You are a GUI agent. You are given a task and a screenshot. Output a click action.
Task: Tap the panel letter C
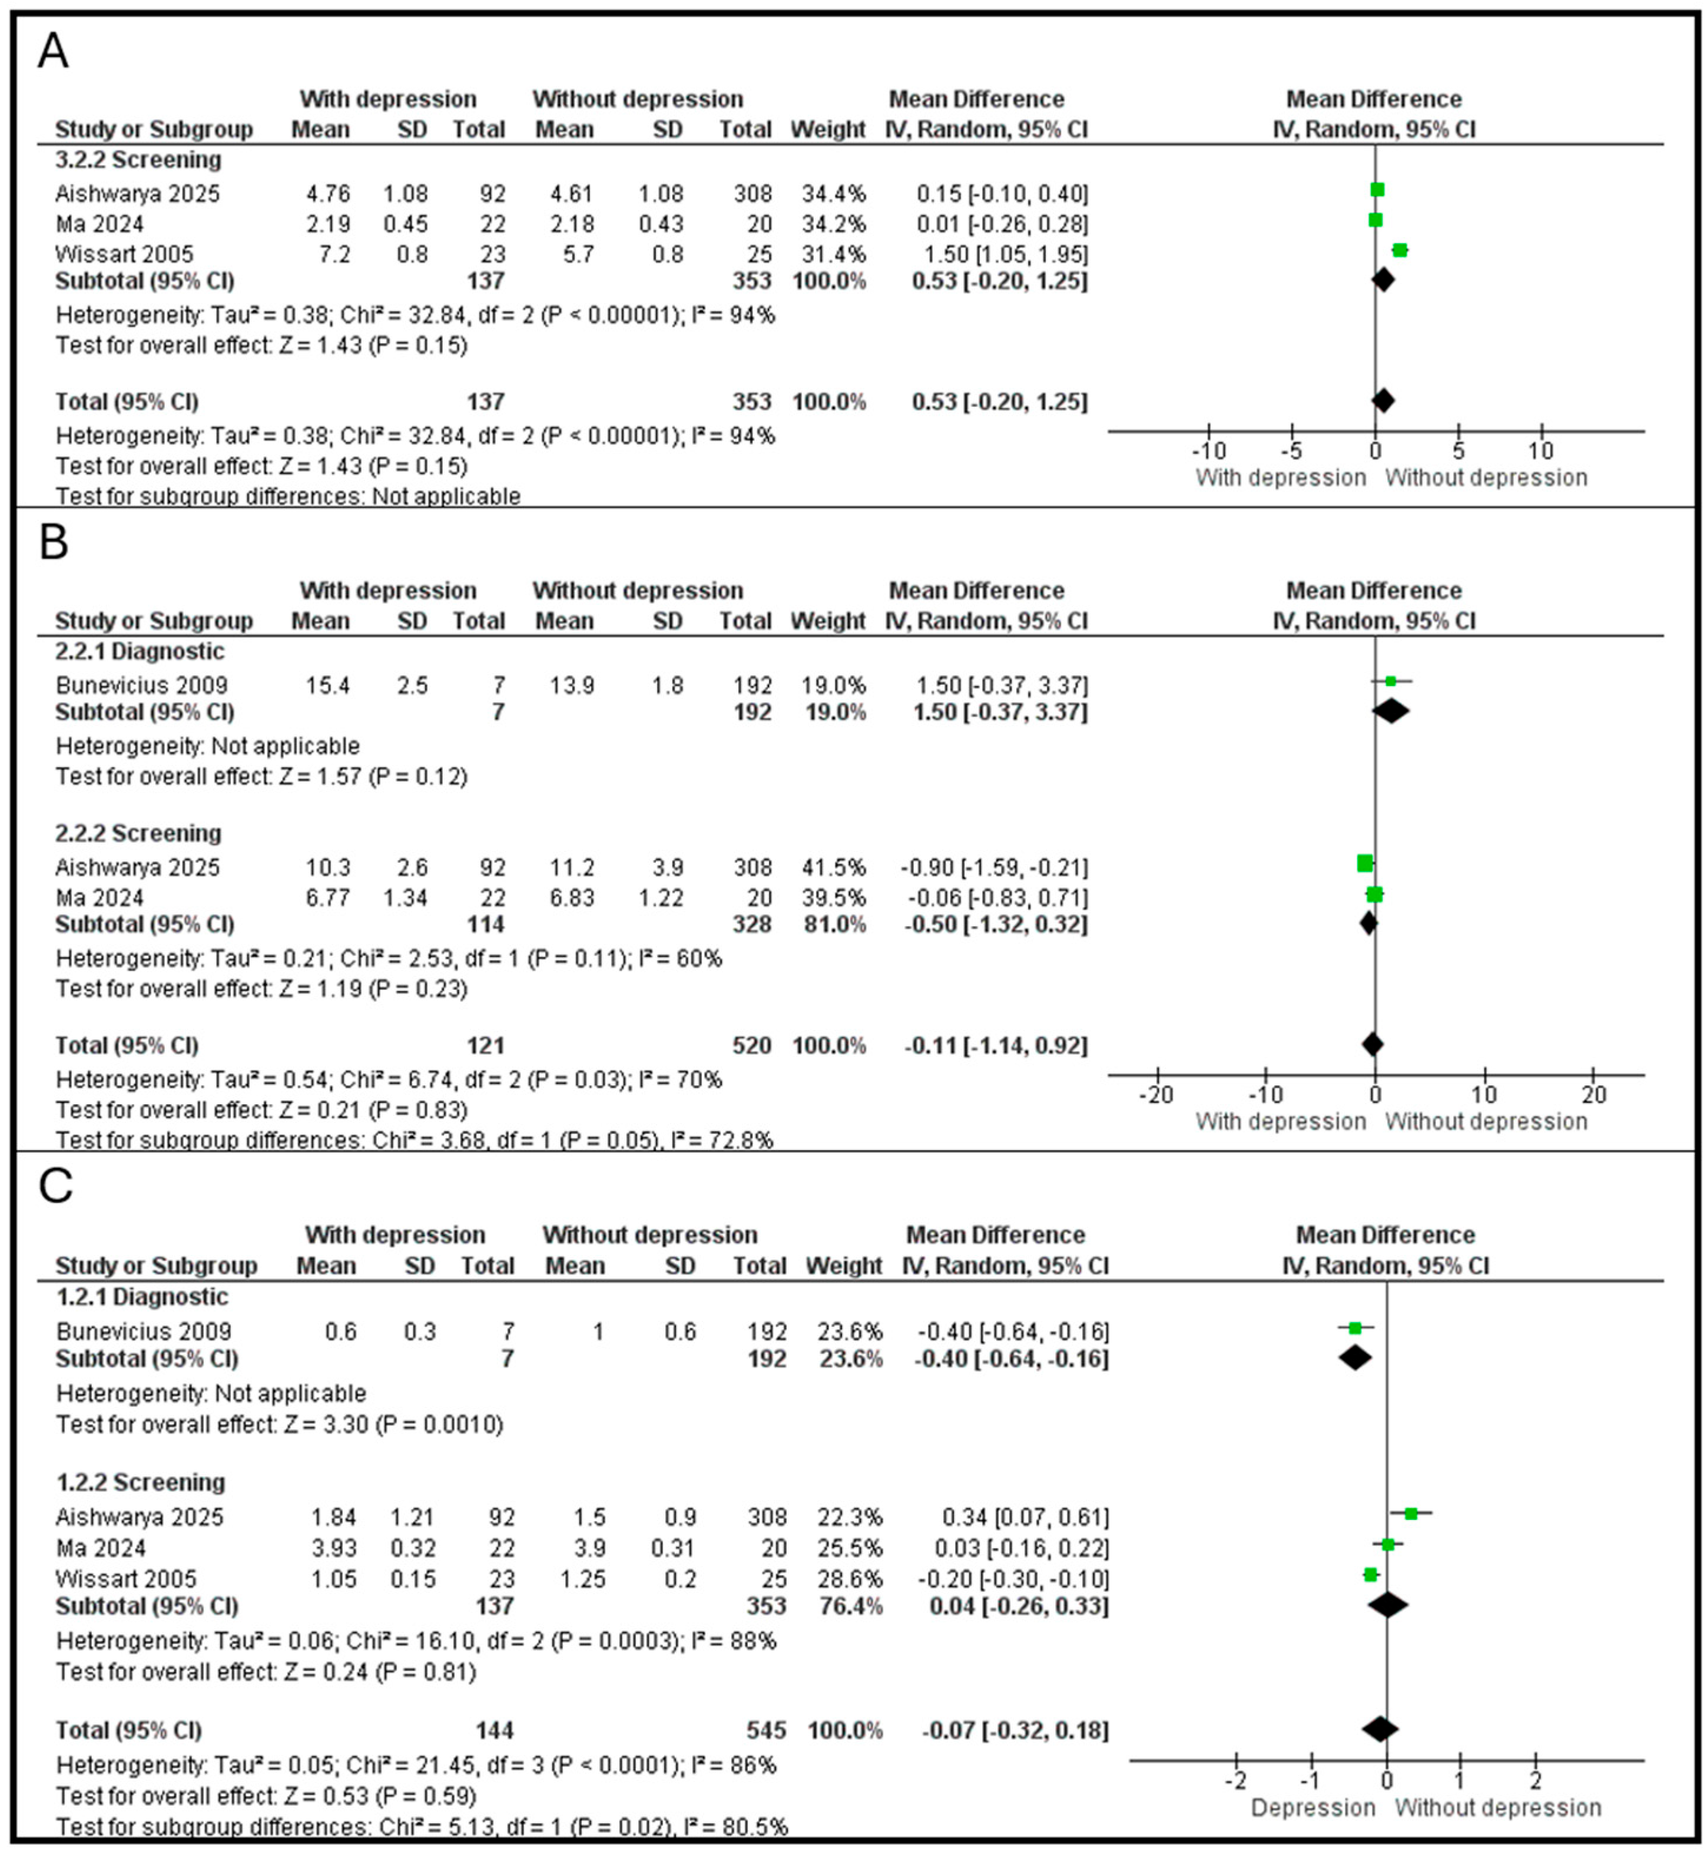click(x=55, y=1185)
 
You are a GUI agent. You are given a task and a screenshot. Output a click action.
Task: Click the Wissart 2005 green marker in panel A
click(x=1400, y=250)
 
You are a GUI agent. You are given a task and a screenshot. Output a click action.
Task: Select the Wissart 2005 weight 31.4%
click(x=828, y=254)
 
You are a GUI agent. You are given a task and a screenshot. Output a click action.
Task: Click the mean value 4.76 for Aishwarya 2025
click(x=328, y=194)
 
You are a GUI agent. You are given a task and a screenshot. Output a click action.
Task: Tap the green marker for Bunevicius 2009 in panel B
click(x=1390, y=682)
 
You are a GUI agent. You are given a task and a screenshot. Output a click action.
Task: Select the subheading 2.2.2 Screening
click(x=138, y=833)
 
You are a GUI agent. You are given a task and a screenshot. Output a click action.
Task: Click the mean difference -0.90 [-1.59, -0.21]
click(x=994, y=867)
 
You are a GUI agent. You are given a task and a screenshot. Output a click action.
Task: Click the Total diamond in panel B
click(x=1373, y=1045)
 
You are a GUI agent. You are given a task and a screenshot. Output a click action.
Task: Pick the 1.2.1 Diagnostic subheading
click(x=142, y=1297)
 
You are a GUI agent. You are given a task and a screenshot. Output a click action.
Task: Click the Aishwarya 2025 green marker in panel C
click(x=1410, y=1513)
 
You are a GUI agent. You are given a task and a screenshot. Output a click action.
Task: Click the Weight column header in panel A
click(x=828, y=130)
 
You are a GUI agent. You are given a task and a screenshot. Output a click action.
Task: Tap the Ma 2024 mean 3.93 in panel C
click(x=333, y=1548)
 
